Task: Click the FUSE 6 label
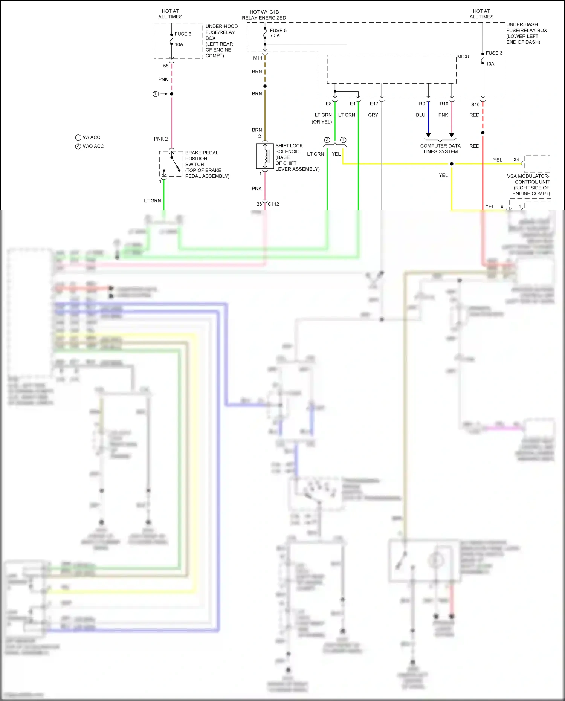click(x=183, y=34)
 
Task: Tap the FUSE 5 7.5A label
click(x=278, y=33)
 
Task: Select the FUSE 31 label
click(x=495, y=53)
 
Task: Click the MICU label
click(x=463, y=57)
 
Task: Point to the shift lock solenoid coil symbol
click(x=265, y=156)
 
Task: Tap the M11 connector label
click(x=258, y=58)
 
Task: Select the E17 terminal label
click(x=374, y=104)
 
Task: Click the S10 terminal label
click(x=475, y=105)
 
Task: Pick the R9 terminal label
click(x=422, y=104)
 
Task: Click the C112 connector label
click(x=273, y=204)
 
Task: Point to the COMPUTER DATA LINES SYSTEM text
click(x=440, y=149)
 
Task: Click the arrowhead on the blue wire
click(x=428, y=135)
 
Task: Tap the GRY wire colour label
click(x=373, y=115)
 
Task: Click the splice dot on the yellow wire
click(x=452, y=164)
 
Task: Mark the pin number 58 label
click(x=166, y=66)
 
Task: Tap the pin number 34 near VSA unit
click(x=516, y=160)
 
